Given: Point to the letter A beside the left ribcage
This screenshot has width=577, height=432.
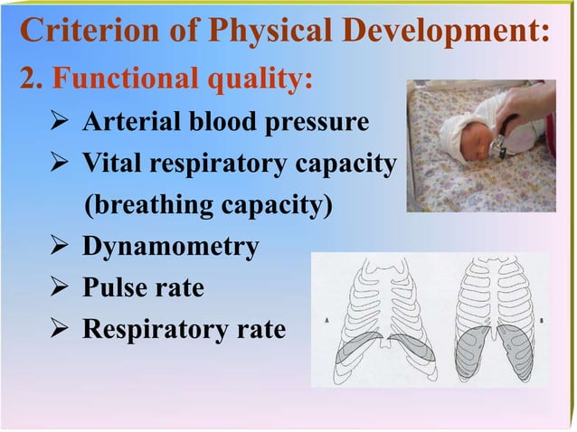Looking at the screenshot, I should [326, 321].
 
